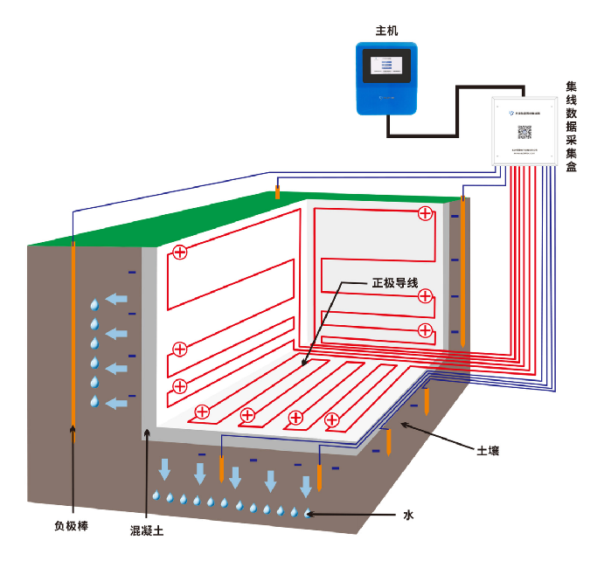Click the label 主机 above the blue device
(386, 31)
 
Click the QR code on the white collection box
(524, 132)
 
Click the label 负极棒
(71, 526)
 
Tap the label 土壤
(488, 451)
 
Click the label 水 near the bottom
(407, 515)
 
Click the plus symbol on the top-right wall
(425, 213)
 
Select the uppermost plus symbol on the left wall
(180, 253)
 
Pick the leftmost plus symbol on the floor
(202, 412)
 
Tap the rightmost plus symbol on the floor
(332, 421)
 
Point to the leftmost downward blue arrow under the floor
(163, 471)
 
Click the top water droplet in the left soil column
(94, 305)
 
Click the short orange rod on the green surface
(277, 191)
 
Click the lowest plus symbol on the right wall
(425, 330)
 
